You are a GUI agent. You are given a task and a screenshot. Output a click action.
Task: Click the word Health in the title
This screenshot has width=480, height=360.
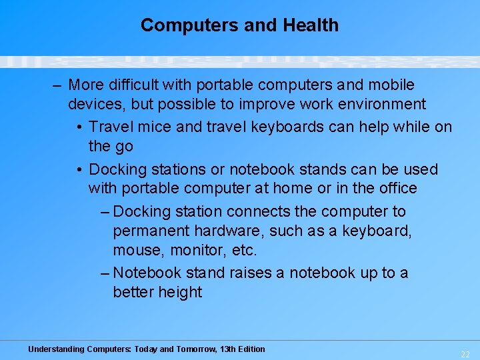click(311, 25)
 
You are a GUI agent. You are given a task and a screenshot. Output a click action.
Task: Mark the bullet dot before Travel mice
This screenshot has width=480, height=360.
click(79, 127)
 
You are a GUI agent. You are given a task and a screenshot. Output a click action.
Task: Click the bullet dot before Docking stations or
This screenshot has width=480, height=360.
click(79, 169)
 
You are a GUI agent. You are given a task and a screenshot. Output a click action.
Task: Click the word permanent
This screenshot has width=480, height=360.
click(151, 231)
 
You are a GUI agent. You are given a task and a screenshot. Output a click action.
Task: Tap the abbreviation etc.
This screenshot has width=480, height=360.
click(244, 251)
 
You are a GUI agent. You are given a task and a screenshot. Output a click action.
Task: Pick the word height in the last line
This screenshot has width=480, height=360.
click(180, 293)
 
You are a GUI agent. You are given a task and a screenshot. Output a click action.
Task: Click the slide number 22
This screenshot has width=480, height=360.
click(465, 353)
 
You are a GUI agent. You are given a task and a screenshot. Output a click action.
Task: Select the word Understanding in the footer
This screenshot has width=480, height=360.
click(56, 349)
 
